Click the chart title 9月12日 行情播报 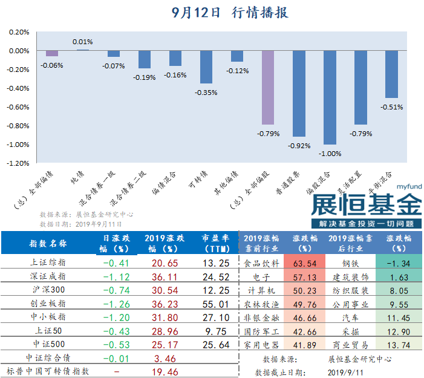point(229,12)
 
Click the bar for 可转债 point(206,67)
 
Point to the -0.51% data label point(391,107)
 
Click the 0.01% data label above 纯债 point(82,42)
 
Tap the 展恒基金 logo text point(367,205)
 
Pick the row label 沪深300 point(48,290)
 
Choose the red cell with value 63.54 point(305,263)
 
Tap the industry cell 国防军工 point(261,331)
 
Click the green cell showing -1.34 point(398,263)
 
